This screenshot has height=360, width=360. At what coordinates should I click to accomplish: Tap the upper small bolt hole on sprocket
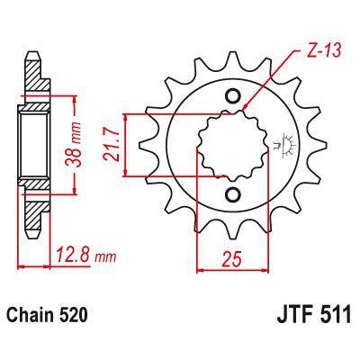[x=234, y=98]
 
